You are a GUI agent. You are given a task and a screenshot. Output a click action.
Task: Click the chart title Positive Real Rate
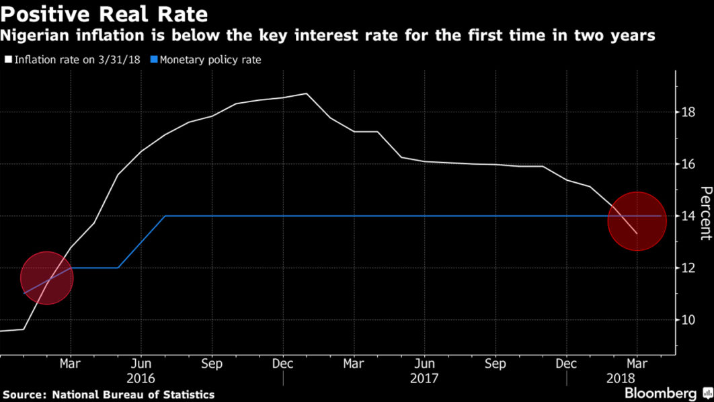[x=104, y=13]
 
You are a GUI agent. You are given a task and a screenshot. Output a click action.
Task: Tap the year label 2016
[x=141, y=378]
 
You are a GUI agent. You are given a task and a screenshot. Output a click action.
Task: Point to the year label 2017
[x=424, y=378]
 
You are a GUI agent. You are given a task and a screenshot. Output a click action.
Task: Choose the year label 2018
[x=637, y=378]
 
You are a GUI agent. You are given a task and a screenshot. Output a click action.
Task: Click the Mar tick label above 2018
[x=637, y=363]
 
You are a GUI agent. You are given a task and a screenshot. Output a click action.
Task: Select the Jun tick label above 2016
[x=141, y=363]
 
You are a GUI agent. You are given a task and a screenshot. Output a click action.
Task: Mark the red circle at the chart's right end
[x=637, y=220]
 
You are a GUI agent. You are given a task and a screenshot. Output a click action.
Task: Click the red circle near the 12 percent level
[x=46, y=278]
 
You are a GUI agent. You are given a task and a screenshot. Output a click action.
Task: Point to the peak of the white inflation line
[x=307, y=93]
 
